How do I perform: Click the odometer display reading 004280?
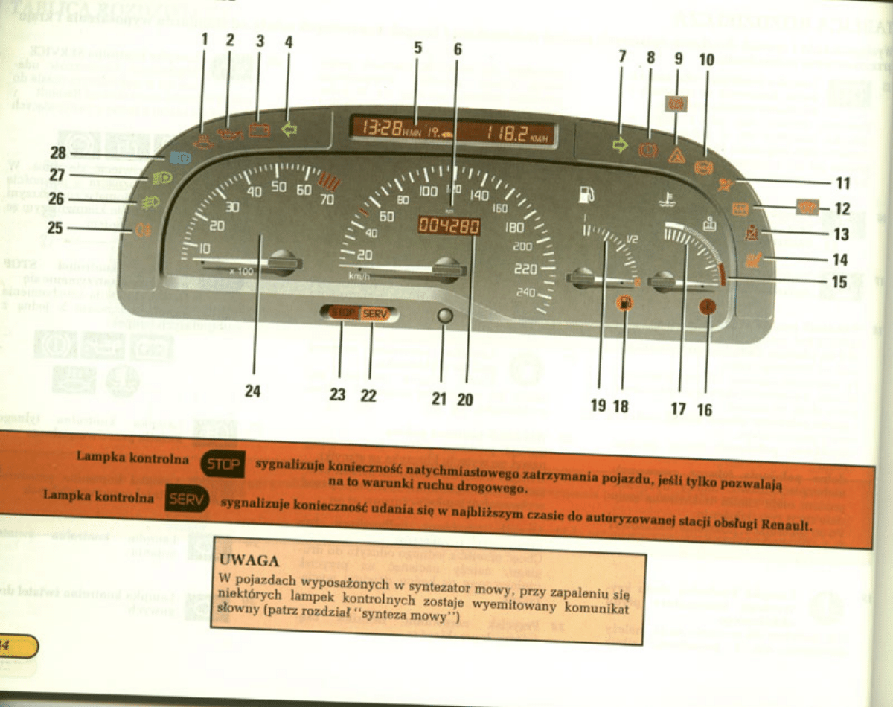[449, 226]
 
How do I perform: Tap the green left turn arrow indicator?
[288, 129]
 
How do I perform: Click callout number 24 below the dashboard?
[253, 391]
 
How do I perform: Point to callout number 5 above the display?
[417, 48]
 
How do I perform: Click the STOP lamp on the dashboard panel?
[344, 313]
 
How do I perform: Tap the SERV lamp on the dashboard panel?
[375, 313]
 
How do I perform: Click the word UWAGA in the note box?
[249, 560]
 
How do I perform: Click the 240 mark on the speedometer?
[526, 292]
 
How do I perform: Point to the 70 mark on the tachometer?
[327, 199]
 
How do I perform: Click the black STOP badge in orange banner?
[223, 466]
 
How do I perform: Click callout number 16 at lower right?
[705, 409]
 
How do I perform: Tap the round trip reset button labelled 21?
[444, 316]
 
